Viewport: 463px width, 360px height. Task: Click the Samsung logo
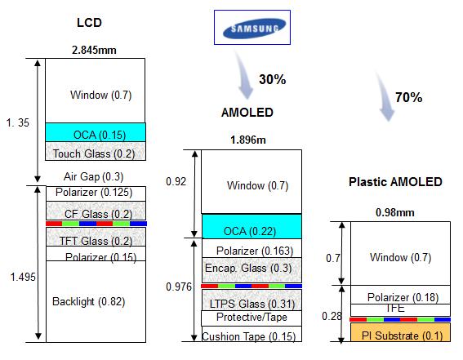point(252,28)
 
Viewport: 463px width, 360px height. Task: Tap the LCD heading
point(89,23)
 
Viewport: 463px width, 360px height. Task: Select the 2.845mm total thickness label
point(94,50)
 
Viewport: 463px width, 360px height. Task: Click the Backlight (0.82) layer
point(96,301)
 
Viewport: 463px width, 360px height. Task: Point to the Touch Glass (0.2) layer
point(96,151)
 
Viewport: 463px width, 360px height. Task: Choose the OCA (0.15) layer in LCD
point(96,132)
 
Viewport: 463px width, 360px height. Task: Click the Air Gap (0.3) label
point(93,176)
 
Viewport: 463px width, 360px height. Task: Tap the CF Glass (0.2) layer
point(96,211)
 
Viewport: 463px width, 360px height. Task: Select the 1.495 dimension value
point(23,277)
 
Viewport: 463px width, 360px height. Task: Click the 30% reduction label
point(272,79)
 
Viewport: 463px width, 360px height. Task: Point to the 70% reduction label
point(408,97)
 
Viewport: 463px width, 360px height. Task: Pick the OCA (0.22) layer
point(252,226)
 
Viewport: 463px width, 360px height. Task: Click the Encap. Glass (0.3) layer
point(252,270)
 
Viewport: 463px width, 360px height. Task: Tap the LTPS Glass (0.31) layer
point(252,300)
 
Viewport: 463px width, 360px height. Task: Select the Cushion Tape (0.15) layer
point(252,334)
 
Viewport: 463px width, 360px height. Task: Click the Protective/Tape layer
point(252,318)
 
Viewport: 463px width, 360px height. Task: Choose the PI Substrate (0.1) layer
point(400,332)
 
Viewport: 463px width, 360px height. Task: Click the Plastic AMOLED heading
point(395,182)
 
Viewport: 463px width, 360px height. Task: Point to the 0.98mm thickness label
point(394,212)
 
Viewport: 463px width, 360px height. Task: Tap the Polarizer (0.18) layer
point(400,295)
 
